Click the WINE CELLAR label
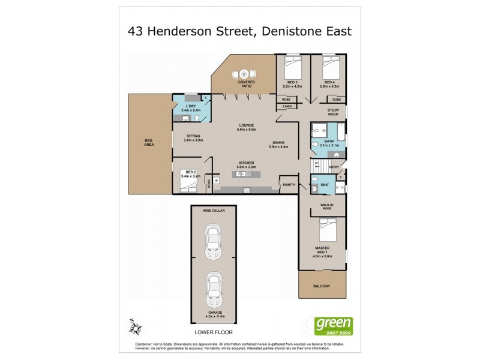coord(212,212)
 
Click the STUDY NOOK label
coord(334,112)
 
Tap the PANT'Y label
coord(289,184)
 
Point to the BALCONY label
coord(322,286)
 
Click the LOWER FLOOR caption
coord(212,331)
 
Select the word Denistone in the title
coord(288,31)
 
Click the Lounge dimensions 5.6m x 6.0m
coord(247,130)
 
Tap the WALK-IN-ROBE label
coord(326,207)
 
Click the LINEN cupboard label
coord(287,106)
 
